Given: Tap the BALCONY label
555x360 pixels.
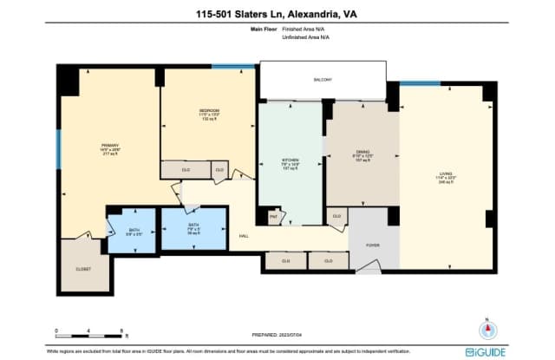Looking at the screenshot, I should [x=323, y=80].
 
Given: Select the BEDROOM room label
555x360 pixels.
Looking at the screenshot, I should [x=208, y=111].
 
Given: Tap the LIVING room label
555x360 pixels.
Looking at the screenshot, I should [x=445, y=174].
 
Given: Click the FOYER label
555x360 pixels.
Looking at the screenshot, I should [x=372, y=245].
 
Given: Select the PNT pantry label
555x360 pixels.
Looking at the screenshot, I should [x=273, y=216].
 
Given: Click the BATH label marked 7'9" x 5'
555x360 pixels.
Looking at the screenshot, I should [x=193, y=226].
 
